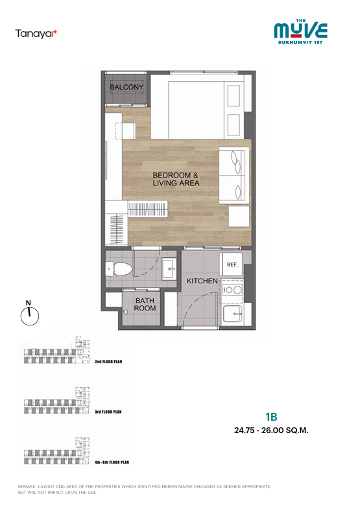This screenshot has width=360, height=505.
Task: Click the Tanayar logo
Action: tap(36, 34)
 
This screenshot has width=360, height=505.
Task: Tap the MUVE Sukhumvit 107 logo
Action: tap(300, 31)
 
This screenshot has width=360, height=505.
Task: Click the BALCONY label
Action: tap(126, 87)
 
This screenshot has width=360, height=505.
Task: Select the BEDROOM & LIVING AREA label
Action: tap(176, 179)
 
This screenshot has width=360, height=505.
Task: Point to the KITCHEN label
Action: tap(202, 281)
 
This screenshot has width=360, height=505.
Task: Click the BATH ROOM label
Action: tap(145, 304)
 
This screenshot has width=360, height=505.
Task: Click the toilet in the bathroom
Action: tap(119, 268)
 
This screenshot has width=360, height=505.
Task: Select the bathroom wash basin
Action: tap(169, 268)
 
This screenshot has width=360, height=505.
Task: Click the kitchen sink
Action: tap(232, 314)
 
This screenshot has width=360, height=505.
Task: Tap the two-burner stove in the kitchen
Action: tap(233, 290)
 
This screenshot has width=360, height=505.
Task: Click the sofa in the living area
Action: tap(234, 176)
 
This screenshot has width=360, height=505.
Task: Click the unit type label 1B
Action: tap(271, 417)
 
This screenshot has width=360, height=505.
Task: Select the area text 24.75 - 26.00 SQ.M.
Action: tap(271, 430)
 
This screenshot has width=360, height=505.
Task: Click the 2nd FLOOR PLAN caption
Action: tap(108, 362)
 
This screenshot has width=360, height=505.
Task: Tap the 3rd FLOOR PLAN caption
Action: tap(108, 412)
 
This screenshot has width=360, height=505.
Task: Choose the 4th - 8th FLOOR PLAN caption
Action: tap(112, 462)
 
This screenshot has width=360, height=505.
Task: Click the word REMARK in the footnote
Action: tap(27, 487)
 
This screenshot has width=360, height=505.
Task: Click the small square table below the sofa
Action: tap(239, 217)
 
